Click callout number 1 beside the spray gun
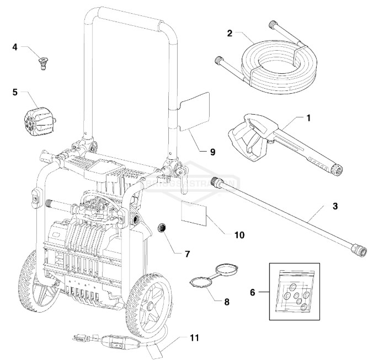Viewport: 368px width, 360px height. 308,118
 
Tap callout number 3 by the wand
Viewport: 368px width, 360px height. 335,206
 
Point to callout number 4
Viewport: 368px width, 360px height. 15,47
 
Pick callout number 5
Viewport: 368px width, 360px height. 15,92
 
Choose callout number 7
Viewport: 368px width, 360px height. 187,254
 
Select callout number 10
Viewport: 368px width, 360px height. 239,234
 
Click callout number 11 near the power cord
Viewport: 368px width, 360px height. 193,337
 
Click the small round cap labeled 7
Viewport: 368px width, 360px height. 162,228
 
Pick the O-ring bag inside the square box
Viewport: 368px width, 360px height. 294,284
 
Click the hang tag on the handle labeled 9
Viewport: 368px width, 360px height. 196,108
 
